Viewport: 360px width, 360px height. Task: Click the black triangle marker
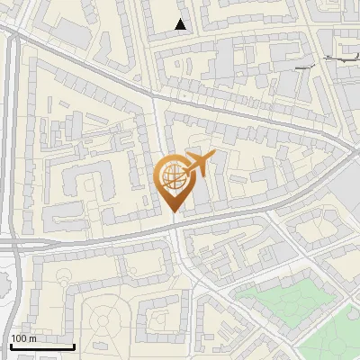[181, 24]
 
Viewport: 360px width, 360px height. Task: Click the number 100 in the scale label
[18, 338]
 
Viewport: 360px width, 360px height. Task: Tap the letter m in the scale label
[32, 338]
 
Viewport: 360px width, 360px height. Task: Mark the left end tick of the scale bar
[11, 345]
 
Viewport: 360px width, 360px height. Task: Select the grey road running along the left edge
[12, 135]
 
